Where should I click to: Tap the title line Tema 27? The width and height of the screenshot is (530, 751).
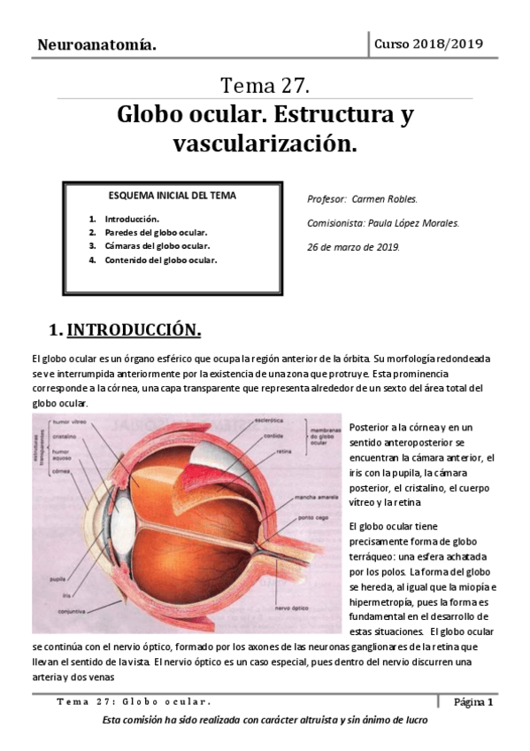pos(265,86)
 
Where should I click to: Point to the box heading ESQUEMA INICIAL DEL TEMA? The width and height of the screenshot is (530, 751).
pos(172,195)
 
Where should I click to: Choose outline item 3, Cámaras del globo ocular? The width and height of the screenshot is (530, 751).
pos(156,246)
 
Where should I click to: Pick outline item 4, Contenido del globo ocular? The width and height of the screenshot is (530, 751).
pos(160,260)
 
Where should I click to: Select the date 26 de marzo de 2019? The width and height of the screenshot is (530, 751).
pos(353,247)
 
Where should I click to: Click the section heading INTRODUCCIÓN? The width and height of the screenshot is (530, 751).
pos(134,330)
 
